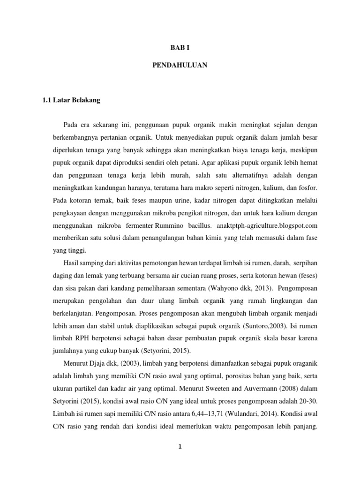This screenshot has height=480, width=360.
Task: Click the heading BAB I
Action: point(180,48)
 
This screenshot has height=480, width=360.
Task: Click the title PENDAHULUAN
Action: point(180,66)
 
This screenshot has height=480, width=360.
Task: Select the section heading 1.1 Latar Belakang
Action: point(71,100)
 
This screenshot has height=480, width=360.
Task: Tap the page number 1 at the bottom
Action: point(180,446)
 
